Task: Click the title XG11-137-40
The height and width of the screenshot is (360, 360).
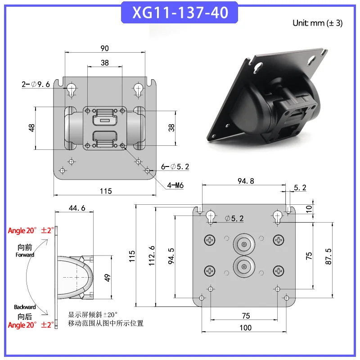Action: (180, 12)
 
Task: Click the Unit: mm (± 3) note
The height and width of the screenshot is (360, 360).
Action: (317, 23)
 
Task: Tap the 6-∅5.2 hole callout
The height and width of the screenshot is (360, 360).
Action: (175, 166)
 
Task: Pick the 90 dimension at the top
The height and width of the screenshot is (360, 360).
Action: (104, 48)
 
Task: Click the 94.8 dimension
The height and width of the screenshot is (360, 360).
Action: (245, 181)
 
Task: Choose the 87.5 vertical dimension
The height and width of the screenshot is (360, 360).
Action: (329, 256)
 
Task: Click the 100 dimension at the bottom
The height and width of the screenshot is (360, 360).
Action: (245, 328)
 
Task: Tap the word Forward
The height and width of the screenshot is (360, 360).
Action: (26, 255)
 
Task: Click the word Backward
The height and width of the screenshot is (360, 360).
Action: (25, 307)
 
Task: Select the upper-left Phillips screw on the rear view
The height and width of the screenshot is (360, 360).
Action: (211, 241)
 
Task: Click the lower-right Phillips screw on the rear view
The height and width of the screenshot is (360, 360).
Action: (279, 270)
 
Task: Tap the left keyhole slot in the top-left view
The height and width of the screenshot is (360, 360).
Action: (71, 90)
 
